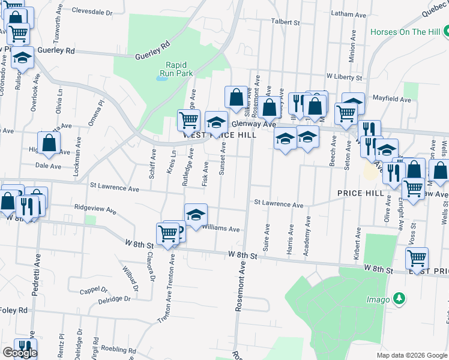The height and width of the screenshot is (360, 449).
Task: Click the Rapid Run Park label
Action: pyautogui.click(x=180, y=68)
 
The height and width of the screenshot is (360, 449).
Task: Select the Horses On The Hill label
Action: pyautogui.click(x=405, y=32)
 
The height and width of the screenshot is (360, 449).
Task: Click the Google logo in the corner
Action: pyautogui.click(x=19, y=353)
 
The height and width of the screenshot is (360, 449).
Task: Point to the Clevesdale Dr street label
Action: pyautogui.click(x=97, y=11)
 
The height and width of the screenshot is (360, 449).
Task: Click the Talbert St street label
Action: pyautogui.click(x=285, y=22)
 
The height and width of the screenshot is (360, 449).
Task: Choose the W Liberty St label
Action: pyautogui.click(x=344, y=77)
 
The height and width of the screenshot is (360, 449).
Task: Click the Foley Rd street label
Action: pyautogui.click(x=14, y=310)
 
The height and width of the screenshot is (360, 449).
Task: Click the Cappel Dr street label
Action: pyautogui.click(x=93, y=292)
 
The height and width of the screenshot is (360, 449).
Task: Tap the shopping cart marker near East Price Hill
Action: pyautogui.click(x=416, y=258)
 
